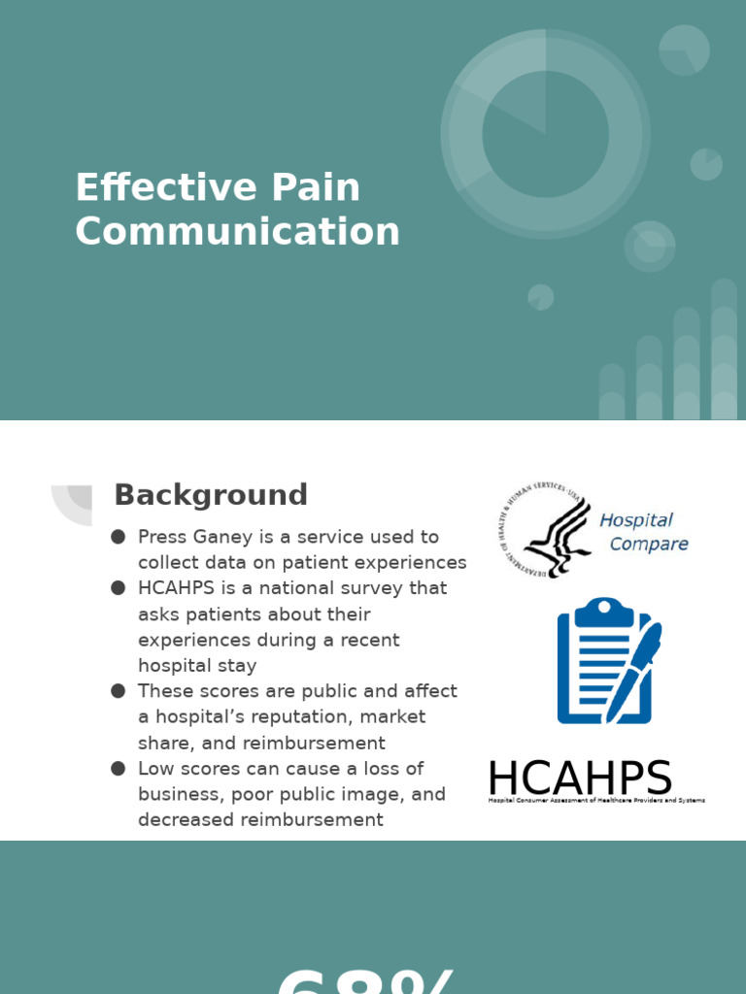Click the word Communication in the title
[x=237, y=232]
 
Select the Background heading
[x=211, y=495]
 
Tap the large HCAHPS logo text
[x=580, y=779]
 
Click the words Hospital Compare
[x=642, y=532]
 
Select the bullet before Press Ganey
[x=119, y=537]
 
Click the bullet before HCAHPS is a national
[x=119, y=588]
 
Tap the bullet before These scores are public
[x=119, y=691]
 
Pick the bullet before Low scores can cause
[x=119, y=769]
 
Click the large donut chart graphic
[x=545, y=134]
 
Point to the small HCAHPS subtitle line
[x=596, y=801]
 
